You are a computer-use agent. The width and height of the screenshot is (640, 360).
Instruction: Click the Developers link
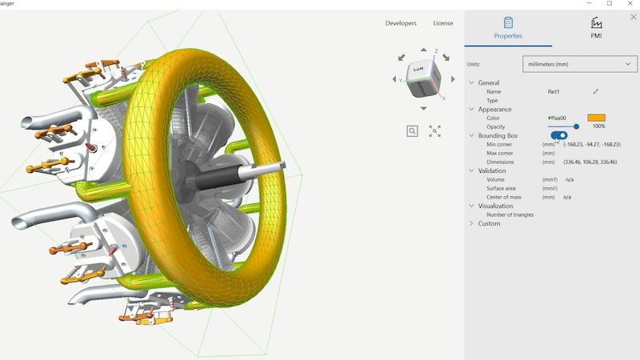[x=401, y=23]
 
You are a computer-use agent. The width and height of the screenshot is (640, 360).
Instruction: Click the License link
[x=442, y=23]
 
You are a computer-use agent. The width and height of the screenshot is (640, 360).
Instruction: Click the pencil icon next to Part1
[x=596, y=92]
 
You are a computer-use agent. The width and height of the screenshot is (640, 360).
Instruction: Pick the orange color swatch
[x=596, y=118]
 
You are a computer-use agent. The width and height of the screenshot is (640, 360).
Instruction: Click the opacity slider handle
[x=576, y=126]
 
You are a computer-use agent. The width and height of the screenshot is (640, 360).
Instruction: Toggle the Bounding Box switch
[x=558, y=136]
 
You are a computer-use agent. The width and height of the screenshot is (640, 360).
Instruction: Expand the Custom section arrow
[x=471, y=224]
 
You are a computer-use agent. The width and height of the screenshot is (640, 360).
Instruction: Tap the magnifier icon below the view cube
[x=412, y=131]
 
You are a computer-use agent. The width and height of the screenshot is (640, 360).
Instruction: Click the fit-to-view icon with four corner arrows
[x=434, y=131]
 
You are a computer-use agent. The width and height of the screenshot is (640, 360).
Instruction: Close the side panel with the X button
[x=634, y=16]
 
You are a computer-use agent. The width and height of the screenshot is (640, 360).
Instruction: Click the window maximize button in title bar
[x=610, y=4]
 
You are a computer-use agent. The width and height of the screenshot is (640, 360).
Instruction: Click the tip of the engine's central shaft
[x=284, y=166]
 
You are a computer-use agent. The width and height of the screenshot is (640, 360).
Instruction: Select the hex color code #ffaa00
[x=558, y=118]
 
